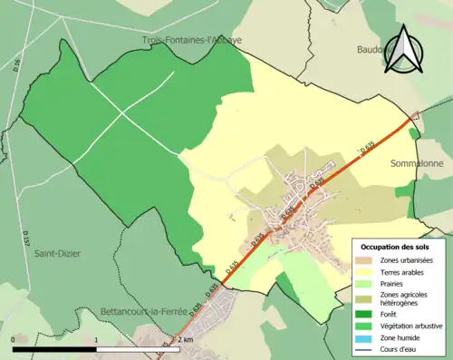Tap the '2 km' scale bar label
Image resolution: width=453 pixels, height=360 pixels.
click(185, 338)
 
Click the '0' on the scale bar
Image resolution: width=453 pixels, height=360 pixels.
click(14, 338)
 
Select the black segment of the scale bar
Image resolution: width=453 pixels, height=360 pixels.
click(53, 345)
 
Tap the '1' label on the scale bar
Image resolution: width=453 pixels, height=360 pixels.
click(96, 338)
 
